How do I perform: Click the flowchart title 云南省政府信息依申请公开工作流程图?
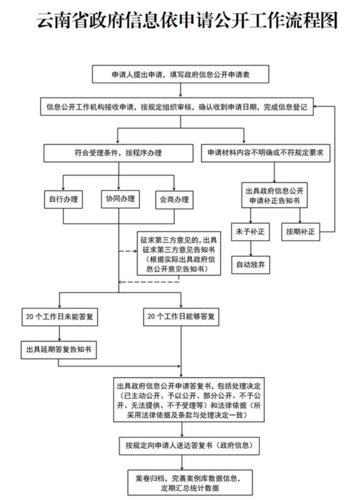tap(187, 20)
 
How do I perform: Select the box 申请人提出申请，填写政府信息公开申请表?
tap(180, 74)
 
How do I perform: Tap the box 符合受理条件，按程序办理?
tap(118, 153)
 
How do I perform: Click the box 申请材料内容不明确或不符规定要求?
tap(266, 153)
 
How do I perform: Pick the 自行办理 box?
tap(64, 199)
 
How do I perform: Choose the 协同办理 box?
tap(120, 199)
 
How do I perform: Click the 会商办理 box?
tap(174, 200)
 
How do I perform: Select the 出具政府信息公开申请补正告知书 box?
tap(274, 195)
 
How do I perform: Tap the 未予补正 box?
tap(250, 232)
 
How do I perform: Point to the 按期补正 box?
tap(300, 232)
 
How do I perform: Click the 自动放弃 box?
tap(250, 265)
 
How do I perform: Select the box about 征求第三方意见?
tap(179, 253)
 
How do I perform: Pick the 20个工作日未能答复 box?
tap(60, 317)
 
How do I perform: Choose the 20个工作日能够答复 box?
tap(181, 317)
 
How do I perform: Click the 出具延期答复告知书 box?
tap(59, 350)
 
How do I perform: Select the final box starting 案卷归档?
tap(190, 482)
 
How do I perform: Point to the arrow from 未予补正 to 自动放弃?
tap(250, 249)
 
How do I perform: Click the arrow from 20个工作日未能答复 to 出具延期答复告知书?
tap(60, 333)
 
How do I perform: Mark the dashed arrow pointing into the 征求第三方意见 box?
tap(128, 251)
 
